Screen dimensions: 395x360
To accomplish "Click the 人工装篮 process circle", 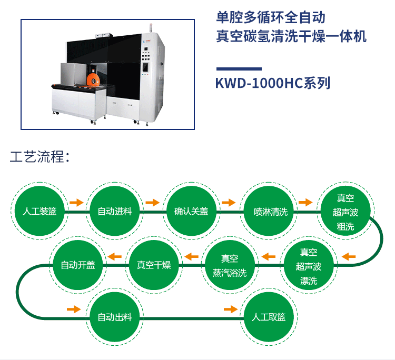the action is point(39,211).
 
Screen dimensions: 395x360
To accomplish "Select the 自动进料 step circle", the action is point(115,211).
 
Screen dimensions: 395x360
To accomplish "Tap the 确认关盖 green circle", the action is point(192,211).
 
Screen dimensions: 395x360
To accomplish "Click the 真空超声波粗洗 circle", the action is point(345,211).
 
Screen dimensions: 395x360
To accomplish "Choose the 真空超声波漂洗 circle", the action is point(309,265).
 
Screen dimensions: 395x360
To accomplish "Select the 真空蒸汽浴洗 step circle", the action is point(230,265).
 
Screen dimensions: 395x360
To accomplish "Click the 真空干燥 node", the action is point(154,265).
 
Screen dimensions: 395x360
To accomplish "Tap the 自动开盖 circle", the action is point(78,265).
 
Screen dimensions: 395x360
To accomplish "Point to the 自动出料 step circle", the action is point(115,317).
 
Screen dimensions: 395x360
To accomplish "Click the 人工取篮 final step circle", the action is point(269,317).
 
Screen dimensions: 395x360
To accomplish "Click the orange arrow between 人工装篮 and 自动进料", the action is point(76,202).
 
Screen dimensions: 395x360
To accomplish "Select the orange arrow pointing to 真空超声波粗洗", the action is point(305,202).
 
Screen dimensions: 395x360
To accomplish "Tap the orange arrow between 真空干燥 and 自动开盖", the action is point(115,257).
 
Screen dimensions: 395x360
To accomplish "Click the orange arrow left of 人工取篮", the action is point(231,309).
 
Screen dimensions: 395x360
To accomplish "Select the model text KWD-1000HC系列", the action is point(273,83).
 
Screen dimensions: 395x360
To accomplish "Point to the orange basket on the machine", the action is point(93,79).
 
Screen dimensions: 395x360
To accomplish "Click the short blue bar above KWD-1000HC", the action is point(239,69).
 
